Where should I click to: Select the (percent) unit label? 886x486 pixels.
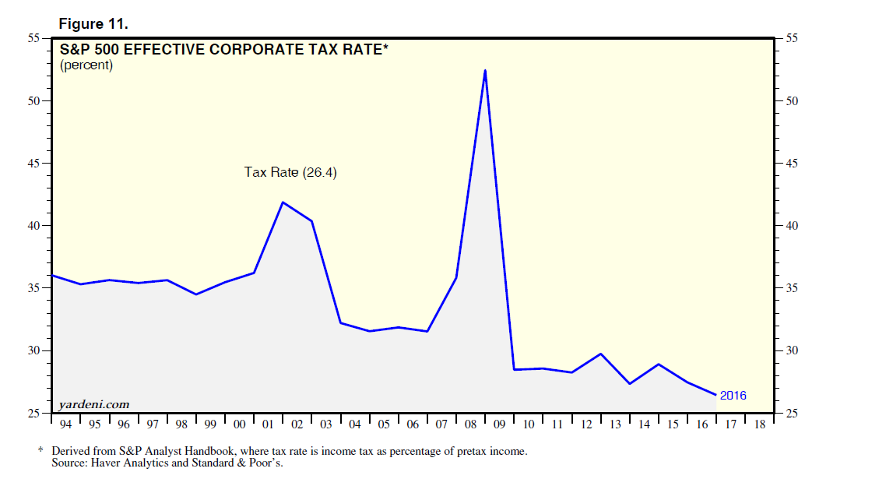click(x=86, y=65)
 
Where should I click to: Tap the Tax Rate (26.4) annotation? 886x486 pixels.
click(x=290, y=172)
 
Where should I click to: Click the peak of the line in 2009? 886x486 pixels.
click(x=485, y=70)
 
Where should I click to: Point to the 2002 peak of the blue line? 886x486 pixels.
click(x=283, y=202)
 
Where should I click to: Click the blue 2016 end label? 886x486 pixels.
click(x=733, y=396)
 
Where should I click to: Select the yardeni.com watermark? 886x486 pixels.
click(x=93, y=404)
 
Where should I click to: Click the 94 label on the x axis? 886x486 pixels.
click(x=65, y=424)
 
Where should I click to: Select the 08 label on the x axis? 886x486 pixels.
click(x=470, y=424)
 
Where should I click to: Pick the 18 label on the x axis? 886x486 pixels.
click(x=759, y=424)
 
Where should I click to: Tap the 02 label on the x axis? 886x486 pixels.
click(x=297, y=424)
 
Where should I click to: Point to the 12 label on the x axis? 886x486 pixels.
click(x=585, y=424)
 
